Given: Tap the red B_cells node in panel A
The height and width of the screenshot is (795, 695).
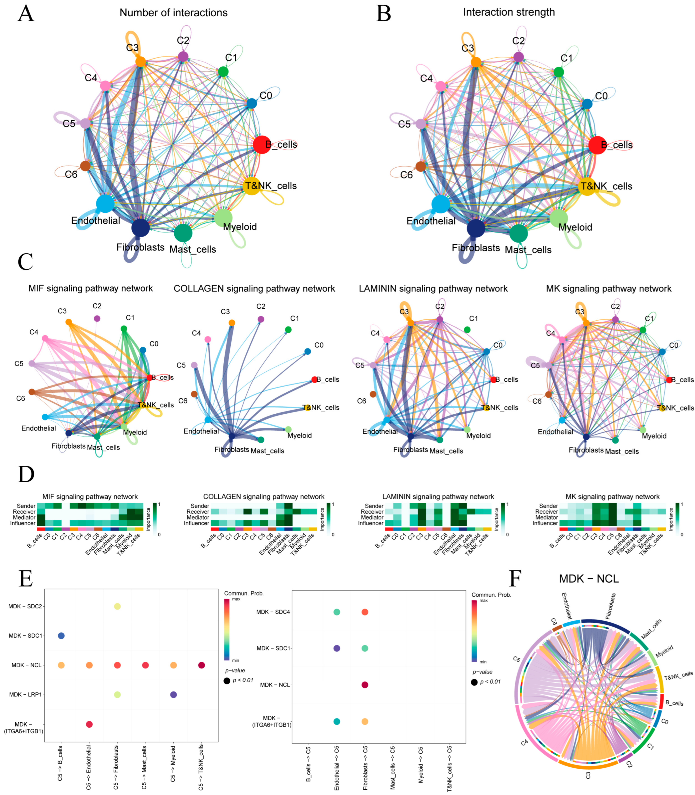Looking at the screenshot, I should [x=262, y=145].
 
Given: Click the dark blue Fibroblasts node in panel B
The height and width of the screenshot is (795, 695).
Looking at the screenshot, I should [x=476, y=228].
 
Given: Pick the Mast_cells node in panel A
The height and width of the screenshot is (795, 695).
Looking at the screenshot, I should [x=183, y=233].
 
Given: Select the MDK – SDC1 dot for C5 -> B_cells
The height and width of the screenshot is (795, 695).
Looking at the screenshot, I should [x=61, y=635].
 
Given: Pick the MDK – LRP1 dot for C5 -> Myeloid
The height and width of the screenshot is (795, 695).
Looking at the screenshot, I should [x=173, y=694].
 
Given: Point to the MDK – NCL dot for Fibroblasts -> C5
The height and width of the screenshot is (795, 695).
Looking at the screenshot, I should [x=365, y=685].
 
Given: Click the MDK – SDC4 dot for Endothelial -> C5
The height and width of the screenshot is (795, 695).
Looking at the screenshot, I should [x=337, y=612].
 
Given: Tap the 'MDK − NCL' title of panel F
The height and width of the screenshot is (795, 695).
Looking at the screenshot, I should [x=589, y=579].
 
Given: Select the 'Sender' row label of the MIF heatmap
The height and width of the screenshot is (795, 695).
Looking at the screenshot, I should [x=26, y=506].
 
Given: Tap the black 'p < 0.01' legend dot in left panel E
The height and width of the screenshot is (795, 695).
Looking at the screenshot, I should [x=227, y=681].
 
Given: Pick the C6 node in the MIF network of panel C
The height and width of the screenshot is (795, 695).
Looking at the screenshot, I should [x=32, y=392].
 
